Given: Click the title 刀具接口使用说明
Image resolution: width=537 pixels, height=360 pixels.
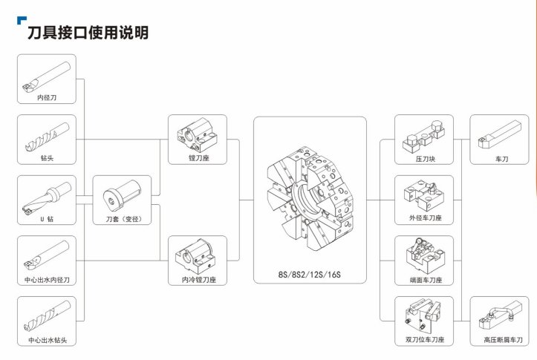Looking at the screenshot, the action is (x=88, y=33).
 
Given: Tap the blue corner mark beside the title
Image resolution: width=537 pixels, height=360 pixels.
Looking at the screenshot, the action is (x=22, y=20).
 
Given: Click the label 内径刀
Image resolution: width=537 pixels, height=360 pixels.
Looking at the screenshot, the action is (x=47, y=97).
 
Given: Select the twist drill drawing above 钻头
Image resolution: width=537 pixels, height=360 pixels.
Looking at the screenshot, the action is (x=47, y=137).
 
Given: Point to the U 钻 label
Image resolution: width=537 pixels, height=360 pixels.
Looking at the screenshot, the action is (x=47, y=219).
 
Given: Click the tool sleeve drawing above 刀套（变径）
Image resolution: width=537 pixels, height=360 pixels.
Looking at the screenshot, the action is (x=123, y=196).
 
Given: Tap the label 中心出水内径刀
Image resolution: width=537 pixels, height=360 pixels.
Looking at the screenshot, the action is (x=47, y=280).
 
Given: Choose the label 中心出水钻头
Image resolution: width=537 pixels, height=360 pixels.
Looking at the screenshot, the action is (x=48, y=340).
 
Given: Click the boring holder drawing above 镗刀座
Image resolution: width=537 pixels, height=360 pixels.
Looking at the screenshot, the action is (x=197, y=136).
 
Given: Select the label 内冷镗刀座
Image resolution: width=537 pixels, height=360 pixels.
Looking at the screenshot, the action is (x=199, y=280).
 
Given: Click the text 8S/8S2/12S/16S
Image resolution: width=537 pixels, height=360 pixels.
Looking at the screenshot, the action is (x=309, y=275).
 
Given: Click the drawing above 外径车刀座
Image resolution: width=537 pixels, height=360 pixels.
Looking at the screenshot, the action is (x=424, y=196).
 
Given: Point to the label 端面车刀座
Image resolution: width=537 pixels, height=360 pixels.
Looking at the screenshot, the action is (x=426, y=280).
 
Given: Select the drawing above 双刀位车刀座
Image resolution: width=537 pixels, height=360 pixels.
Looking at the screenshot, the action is (x=423, y=315).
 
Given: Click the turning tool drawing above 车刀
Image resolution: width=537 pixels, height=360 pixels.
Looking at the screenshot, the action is (x=499, y=134).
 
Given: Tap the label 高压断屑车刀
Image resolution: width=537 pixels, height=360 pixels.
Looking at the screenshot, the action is (x=503, y=340).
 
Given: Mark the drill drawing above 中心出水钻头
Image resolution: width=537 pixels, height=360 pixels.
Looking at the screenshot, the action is (x=47, y=316).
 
